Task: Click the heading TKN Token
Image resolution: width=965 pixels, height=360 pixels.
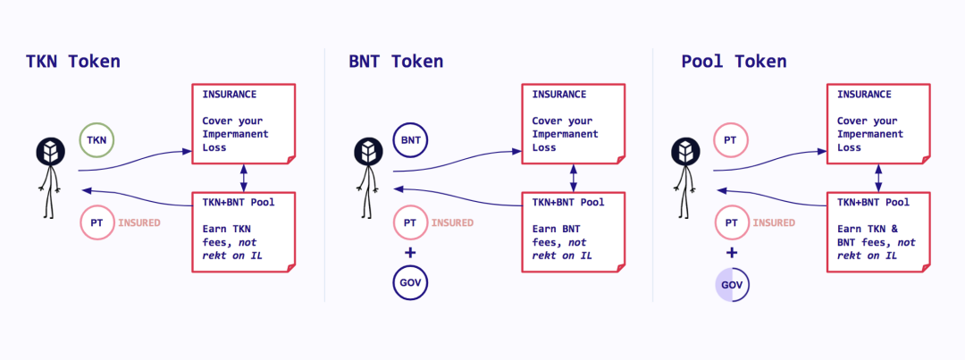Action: (x=72, y=62)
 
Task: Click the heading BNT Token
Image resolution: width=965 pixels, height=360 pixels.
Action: (x=396, y=62)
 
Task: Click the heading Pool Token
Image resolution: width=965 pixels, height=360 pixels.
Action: (x=734, y=62)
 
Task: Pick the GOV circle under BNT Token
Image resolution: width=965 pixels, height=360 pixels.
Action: (x=410, y=284)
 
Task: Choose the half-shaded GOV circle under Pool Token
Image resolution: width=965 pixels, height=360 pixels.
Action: (x=732, y=285)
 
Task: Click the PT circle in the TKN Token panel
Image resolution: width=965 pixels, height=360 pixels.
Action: (x=96, y=222)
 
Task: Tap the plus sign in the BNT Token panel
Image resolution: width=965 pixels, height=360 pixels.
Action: (x=410, y=253)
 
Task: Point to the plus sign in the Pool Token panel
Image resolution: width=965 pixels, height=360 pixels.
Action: (x=732, y=253)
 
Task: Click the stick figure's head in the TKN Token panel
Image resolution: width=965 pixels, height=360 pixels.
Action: (x=49, y=152)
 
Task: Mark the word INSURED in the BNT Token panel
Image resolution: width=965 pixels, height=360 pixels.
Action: (x=452, y=222)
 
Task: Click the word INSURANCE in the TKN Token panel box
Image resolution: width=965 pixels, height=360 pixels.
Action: (x=230, y=94)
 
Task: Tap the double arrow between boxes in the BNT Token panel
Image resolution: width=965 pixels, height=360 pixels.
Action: (x=573, y=177)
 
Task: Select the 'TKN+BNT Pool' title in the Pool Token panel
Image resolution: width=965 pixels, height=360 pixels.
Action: (x=873, y=202)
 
